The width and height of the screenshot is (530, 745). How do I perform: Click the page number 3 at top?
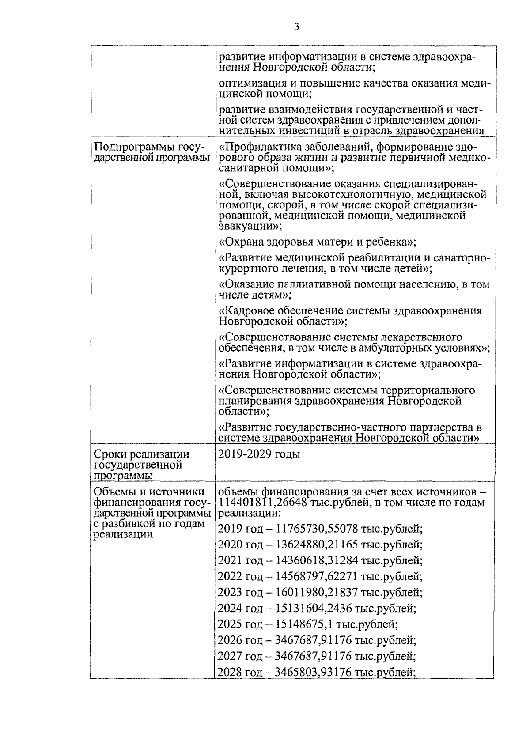pyautogui.click(x=296, y=27)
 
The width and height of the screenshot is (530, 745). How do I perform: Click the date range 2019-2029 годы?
pyautogui.click(x=259, y=454)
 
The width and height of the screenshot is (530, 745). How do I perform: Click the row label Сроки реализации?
pyautogui.click(x=142, y=454)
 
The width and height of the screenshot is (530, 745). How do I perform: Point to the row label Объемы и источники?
pyautogui.click(x=149, y=492)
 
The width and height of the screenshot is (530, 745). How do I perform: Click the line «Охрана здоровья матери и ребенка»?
pyautogui.click(x=318, y=242)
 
